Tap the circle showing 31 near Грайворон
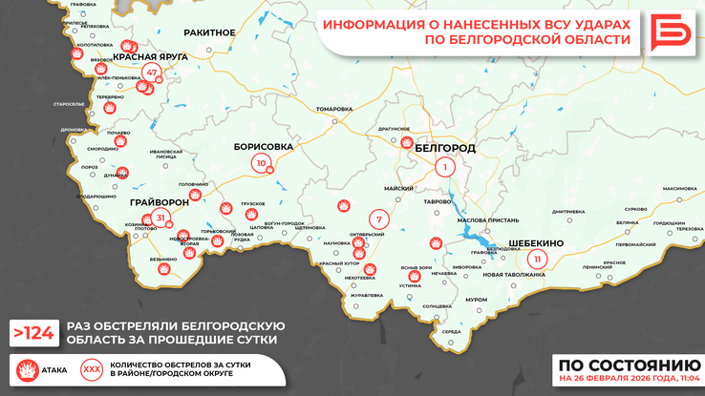pyautogui.click(x=160, y=218)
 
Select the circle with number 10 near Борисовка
pyautogui.click(x=260, y=163)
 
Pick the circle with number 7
pyautogui.click(x=379, y=219)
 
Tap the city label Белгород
pyautogui.click(x=445, y=149)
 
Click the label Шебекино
pyautogui.click(x=536, y=243)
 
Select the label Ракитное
pyautogui.click(x=209, y=32)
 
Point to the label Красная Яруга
pyautogui.click(x=150, y=56)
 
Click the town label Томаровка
pyautogui.click(x=333, y=109)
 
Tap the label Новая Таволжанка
pyautogui.click(x=514, y=275)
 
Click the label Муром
pyautogui.click(x=476, y=299)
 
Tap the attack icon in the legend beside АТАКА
pyautogui.click(x=25, y=368)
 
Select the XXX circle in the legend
pyautogui.click(x=93, y=368)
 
